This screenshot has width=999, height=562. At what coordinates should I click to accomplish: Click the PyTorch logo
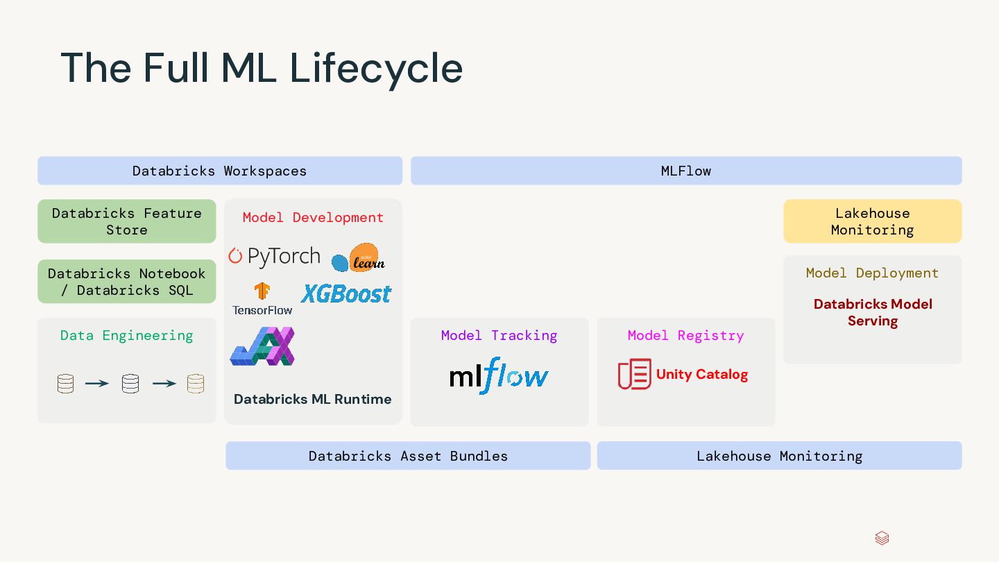[275, 257]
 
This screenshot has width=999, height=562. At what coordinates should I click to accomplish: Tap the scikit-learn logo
[358, 258]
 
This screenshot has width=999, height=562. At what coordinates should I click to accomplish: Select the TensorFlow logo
[262, 299]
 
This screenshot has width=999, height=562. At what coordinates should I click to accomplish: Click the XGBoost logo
[346, 293]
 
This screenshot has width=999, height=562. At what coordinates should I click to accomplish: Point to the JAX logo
[262, 346]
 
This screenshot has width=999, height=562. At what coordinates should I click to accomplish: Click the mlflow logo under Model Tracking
[499, 376]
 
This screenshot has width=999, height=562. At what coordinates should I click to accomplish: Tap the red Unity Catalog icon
[634, 374]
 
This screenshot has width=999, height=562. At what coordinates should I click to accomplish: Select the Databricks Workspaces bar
[220, 171]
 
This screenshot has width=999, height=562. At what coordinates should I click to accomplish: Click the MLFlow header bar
[686, 171]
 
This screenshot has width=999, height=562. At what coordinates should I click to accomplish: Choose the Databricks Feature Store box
[127, 221]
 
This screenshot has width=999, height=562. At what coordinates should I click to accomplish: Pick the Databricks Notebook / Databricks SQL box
[127, 282]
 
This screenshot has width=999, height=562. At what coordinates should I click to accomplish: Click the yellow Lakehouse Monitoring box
[873, 221]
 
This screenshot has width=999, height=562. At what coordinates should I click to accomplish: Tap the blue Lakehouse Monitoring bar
[779, 456]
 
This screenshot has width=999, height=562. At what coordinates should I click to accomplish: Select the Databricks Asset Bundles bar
[408, 456]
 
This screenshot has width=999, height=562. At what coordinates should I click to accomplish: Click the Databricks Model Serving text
[873, 312]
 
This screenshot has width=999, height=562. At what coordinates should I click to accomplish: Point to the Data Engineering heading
[127, 335]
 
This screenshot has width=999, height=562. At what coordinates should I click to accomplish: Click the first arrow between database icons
[97, 383]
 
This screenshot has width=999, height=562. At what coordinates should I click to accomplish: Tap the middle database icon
[130, 384]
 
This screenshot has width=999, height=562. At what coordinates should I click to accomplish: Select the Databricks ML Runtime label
[313, 399]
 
